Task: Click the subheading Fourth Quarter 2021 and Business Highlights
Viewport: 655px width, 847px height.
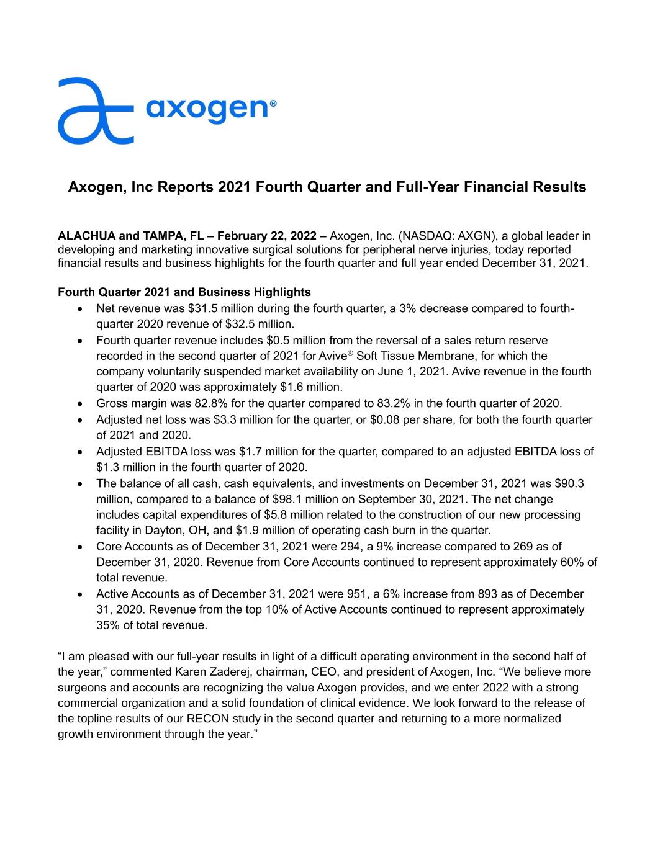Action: pyautogui.click(x=184, y=292)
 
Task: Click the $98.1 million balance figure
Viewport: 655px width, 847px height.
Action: pyautogui.click(x=301, y=499)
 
